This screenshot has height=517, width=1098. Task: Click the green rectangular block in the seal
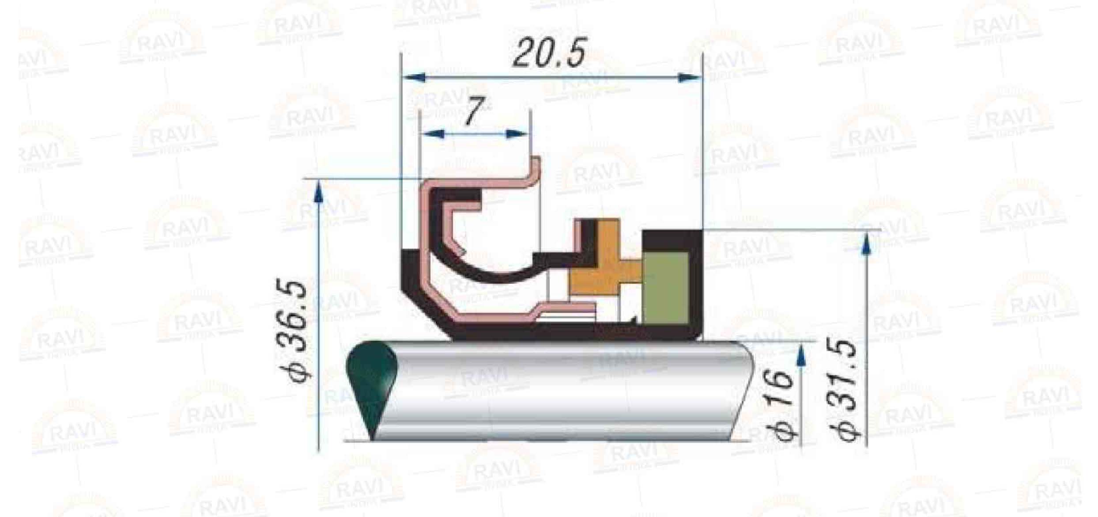point(666,288)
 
